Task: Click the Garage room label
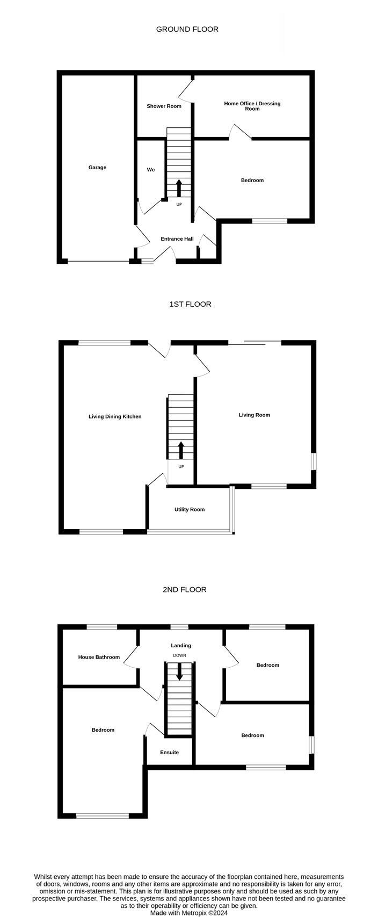(97, 168)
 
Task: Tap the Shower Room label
(164, 106)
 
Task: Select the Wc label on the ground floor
(151, 170)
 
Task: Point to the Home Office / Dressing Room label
(252, 106)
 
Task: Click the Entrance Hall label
(177, 239)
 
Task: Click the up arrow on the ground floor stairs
(179, 189)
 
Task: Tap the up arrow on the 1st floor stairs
(181, 450)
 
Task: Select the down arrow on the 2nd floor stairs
(179, 672)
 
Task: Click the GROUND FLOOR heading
(187, 29)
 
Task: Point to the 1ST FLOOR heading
(190, 304)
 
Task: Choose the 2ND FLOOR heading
(185, 589)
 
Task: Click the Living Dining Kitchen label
(115, 416)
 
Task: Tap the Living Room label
(255, 415)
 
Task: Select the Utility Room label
(190, 509)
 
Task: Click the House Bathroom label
(99, 657)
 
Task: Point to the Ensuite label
(169, 752)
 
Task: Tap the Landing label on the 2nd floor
(181, 646)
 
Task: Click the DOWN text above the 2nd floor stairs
(179, 655)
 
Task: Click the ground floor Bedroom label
(252, 180)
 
